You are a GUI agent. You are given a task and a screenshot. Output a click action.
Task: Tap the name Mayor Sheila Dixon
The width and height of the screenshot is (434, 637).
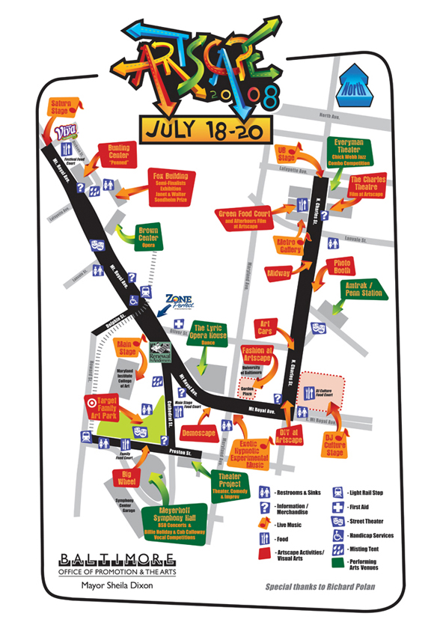click(x=107, y=586)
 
